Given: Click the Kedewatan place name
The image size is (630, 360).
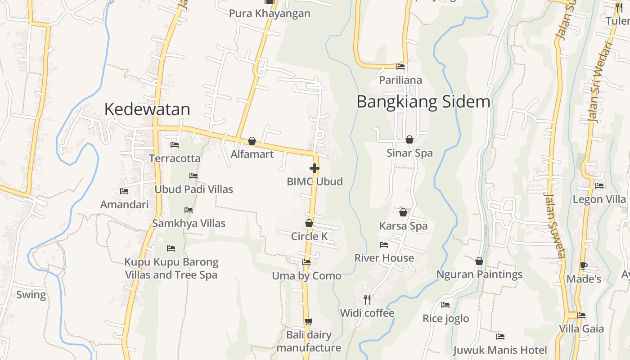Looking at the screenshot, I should pos(147,109).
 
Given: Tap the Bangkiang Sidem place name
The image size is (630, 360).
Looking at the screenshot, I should pos(423,102).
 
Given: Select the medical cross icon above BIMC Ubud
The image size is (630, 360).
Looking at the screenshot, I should pos(315,169).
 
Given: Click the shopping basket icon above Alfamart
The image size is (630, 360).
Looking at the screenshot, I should pos(252,141).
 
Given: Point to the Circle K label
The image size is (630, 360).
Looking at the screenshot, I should pos(309,236).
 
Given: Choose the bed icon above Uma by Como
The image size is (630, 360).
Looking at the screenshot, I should pos(306,262).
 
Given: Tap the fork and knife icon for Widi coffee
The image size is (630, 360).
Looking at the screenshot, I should pos(367,299).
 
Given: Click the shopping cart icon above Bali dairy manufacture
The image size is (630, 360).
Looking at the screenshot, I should pos(308,321).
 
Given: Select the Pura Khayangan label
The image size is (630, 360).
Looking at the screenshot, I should pos(270,13).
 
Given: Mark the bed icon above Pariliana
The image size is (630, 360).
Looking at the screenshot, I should pos(400,67).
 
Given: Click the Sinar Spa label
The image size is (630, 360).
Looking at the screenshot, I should pos(409,153).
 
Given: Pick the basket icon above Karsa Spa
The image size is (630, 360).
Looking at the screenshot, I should pos(403,212).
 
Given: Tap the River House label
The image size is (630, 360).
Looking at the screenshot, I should pos(384,258).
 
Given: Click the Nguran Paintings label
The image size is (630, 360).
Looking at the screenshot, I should pos(479,274).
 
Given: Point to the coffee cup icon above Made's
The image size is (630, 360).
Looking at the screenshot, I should pos(584,265).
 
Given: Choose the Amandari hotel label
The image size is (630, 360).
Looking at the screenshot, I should pos(124,205).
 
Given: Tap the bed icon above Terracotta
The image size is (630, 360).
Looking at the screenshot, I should pos(175,145).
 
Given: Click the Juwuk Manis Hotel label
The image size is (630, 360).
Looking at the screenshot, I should pos(500,350).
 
